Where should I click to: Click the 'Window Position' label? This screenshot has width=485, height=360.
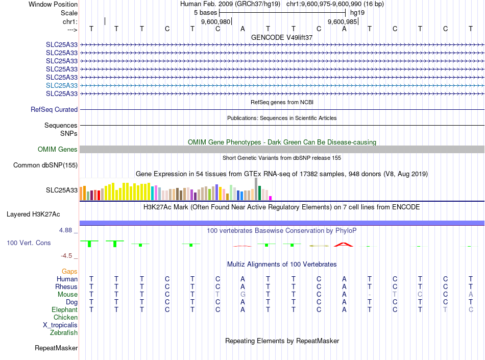tap(53, 4)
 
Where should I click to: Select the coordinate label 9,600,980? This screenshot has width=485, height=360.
tap(216, 21)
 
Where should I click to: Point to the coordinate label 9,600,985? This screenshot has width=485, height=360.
tap(342, 21)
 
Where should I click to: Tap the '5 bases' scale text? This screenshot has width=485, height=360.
tap(205, 12)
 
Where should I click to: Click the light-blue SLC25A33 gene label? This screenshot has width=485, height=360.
tap(62, 85)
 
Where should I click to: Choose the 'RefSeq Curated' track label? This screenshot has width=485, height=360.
tap(54, 109)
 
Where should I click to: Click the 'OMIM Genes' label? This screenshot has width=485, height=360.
tap(58, 149)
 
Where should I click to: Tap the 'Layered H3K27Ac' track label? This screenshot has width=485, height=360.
tap(41, 214)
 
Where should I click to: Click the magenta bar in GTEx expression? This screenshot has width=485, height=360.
tap(271, 198)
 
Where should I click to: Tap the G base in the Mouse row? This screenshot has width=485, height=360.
tap(243, 294)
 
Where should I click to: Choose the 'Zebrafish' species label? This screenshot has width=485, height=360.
tap(64, 332)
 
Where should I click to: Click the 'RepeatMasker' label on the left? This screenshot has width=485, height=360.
tap(56, 348)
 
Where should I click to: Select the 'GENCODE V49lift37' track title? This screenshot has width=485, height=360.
tap(282, 37)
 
